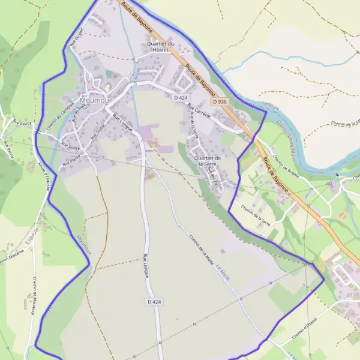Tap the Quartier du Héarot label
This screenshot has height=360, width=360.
click(160, 47)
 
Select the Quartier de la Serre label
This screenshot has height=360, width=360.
click(208, 161)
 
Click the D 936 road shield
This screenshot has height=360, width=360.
click(220, 102)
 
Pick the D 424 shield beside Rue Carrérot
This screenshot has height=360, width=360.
click(181, 97)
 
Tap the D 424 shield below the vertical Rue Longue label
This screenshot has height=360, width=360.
click(153, 301)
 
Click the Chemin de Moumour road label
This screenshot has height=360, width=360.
click(32, 296)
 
